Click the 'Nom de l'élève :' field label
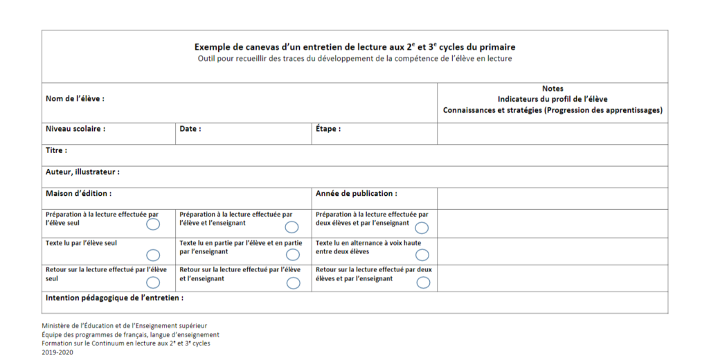coord(75,99)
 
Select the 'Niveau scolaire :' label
coord(75,129)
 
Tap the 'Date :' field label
coord(190,129)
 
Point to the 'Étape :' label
coord(328,129)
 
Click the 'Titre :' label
coord(56,150)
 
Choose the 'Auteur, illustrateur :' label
coord(82,172)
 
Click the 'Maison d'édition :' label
coord(78,194)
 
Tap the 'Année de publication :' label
coord(357,194)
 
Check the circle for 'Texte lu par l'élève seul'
coord(153,255)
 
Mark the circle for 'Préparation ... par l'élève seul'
coord(153,224)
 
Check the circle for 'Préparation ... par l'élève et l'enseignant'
coord(292,227)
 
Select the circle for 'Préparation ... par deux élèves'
coord(422,227)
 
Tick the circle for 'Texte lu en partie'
coord(293,255)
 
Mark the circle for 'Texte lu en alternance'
coord(422,255)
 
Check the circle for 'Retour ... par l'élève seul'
coord(153,282)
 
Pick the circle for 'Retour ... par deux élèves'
coord(423,282)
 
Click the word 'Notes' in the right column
coord(553,89)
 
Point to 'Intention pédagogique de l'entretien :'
coord(114,298)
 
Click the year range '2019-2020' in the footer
coord(57,352)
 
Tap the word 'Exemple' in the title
coord(213,47)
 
